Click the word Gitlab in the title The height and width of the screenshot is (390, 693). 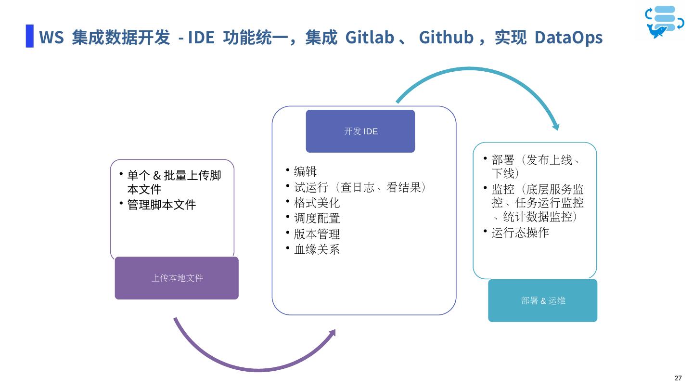tap(370, 37)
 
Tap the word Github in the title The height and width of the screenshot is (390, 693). tap(446, 37)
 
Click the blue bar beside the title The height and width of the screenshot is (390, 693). tap(30, 36)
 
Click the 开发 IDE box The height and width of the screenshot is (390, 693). tap(360, 131)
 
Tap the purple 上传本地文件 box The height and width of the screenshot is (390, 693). tap(177, 278)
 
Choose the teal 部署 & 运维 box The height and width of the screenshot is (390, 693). tap(542, 300)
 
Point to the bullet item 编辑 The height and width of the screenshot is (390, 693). tap(305, 171)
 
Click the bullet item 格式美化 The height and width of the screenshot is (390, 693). tap(317, 203)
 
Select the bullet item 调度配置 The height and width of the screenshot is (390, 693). tap(317, 218)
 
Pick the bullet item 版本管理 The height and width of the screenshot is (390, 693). tap(317, 234)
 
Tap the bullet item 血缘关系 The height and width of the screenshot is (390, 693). tap(317, 249)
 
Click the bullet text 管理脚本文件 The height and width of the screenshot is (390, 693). tap(161, 205)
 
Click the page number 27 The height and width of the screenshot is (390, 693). tap(678, 378)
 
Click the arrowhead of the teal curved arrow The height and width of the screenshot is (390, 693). tap(556, 127)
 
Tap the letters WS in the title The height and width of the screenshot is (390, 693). tap(51, 37)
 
